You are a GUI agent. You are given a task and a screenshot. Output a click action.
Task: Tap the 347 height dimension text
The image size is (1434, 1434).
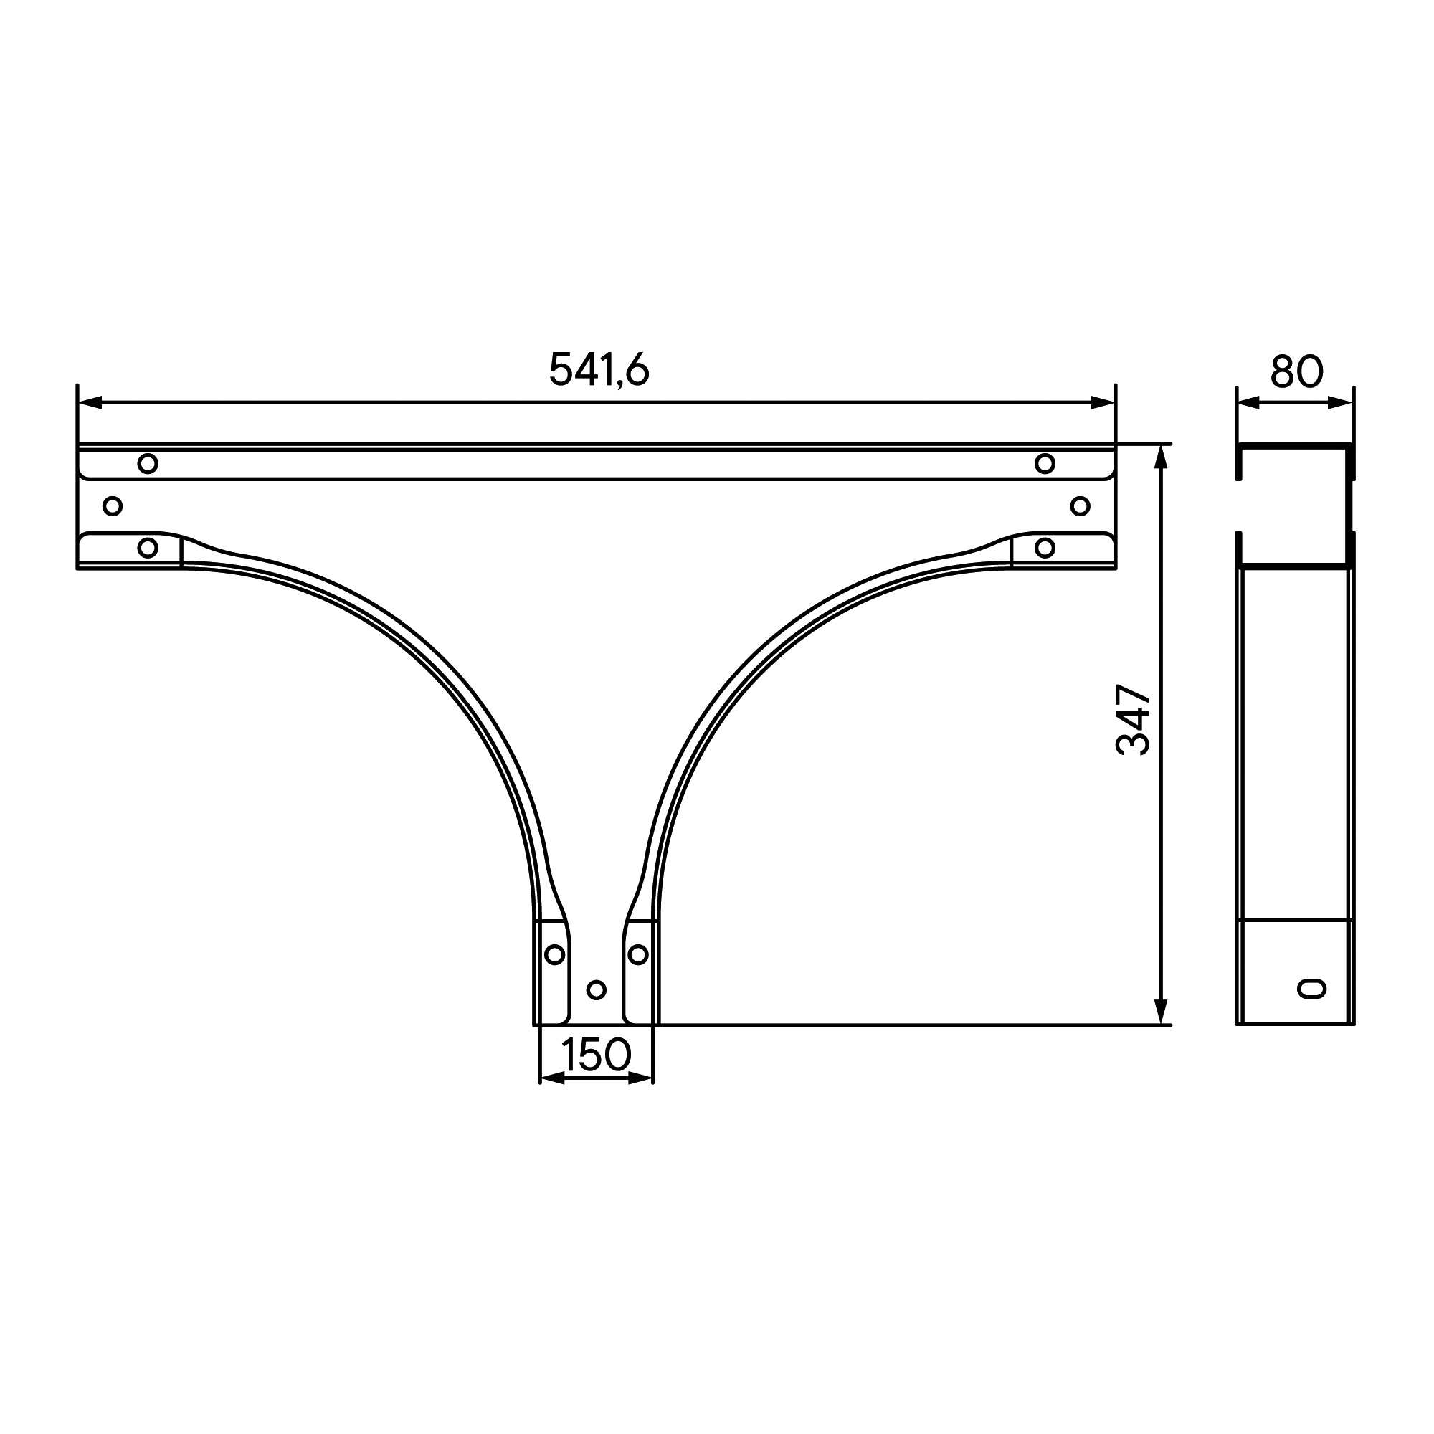1133,720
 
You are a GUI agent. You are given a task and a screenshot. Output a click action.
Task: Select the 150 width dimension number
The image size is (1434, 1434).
596,1055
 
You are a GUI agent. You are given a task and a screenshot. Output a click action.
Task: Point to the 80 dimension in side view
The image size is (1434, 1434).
1296,371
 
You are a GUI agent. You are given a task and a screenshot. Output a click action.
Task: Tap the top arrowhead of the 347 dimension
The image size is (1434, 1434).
1162,457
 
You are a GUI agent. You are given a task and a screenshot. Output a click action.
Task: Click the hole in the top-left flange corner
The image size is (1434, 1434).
148,464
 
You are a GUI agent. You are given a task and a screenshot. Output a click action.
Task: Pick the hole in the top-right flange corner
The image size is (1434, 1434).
1045,464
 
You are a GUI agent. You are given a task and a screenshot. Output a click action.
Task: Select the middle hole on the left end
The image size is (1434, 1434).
112,506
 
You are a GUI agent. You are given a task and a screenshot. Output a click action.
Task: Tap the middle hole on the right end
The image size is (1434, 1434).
1080,506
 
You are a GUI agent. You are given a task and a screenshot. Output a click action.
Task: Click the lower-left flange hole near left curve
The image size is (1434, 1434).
148,548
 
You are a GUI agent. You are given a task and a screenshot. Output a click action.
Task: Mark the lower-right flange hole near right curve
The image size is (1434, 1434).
1045,548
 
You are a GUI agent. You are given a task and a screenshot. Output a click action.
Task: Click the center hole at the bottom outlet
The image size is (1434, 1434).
596,989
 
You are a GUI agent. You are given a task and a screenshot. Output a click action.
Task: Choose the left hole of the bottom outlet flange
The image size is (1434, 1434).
554,954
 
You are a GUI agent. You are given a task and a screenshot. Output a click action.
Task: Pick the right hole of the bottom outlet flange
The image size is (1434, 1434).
637,954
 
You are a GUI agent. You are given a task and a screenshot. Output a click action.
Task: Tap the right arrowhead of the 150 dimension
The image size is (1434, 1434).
641,1078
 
